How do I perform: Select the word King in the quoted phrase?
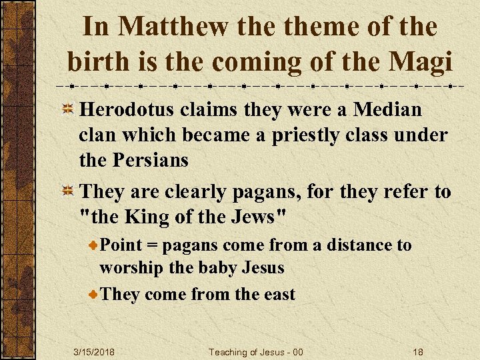point(149,217)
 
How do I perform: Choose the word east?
point(275,294)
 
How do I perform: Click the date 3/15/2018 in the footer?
point(94,352)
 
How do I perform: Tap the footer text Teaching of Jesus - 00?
point(255,352)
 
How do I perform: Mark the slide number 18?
point(417,352)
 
